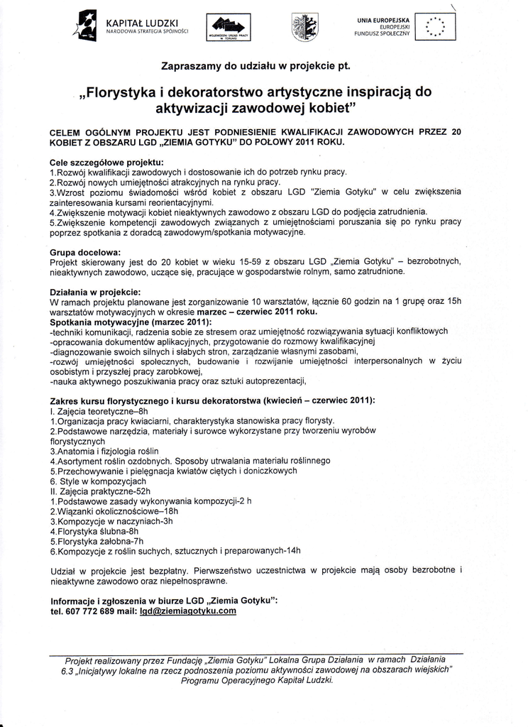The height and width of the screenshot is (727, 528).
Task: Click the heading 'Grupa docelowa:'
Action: point(85,251)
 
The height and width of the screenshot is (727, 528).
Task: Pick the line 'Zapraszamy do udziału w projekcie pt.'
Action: point(256,66)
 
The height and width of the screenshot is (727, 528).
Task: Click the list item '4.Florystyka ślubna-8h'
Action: point(94,530)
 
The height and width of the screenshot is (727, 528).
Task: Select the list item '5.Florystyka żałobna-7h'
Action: point(97,540)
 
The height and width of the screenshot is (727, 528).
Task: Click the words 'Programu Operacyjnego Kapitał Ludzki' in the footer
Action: point(257,679)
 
